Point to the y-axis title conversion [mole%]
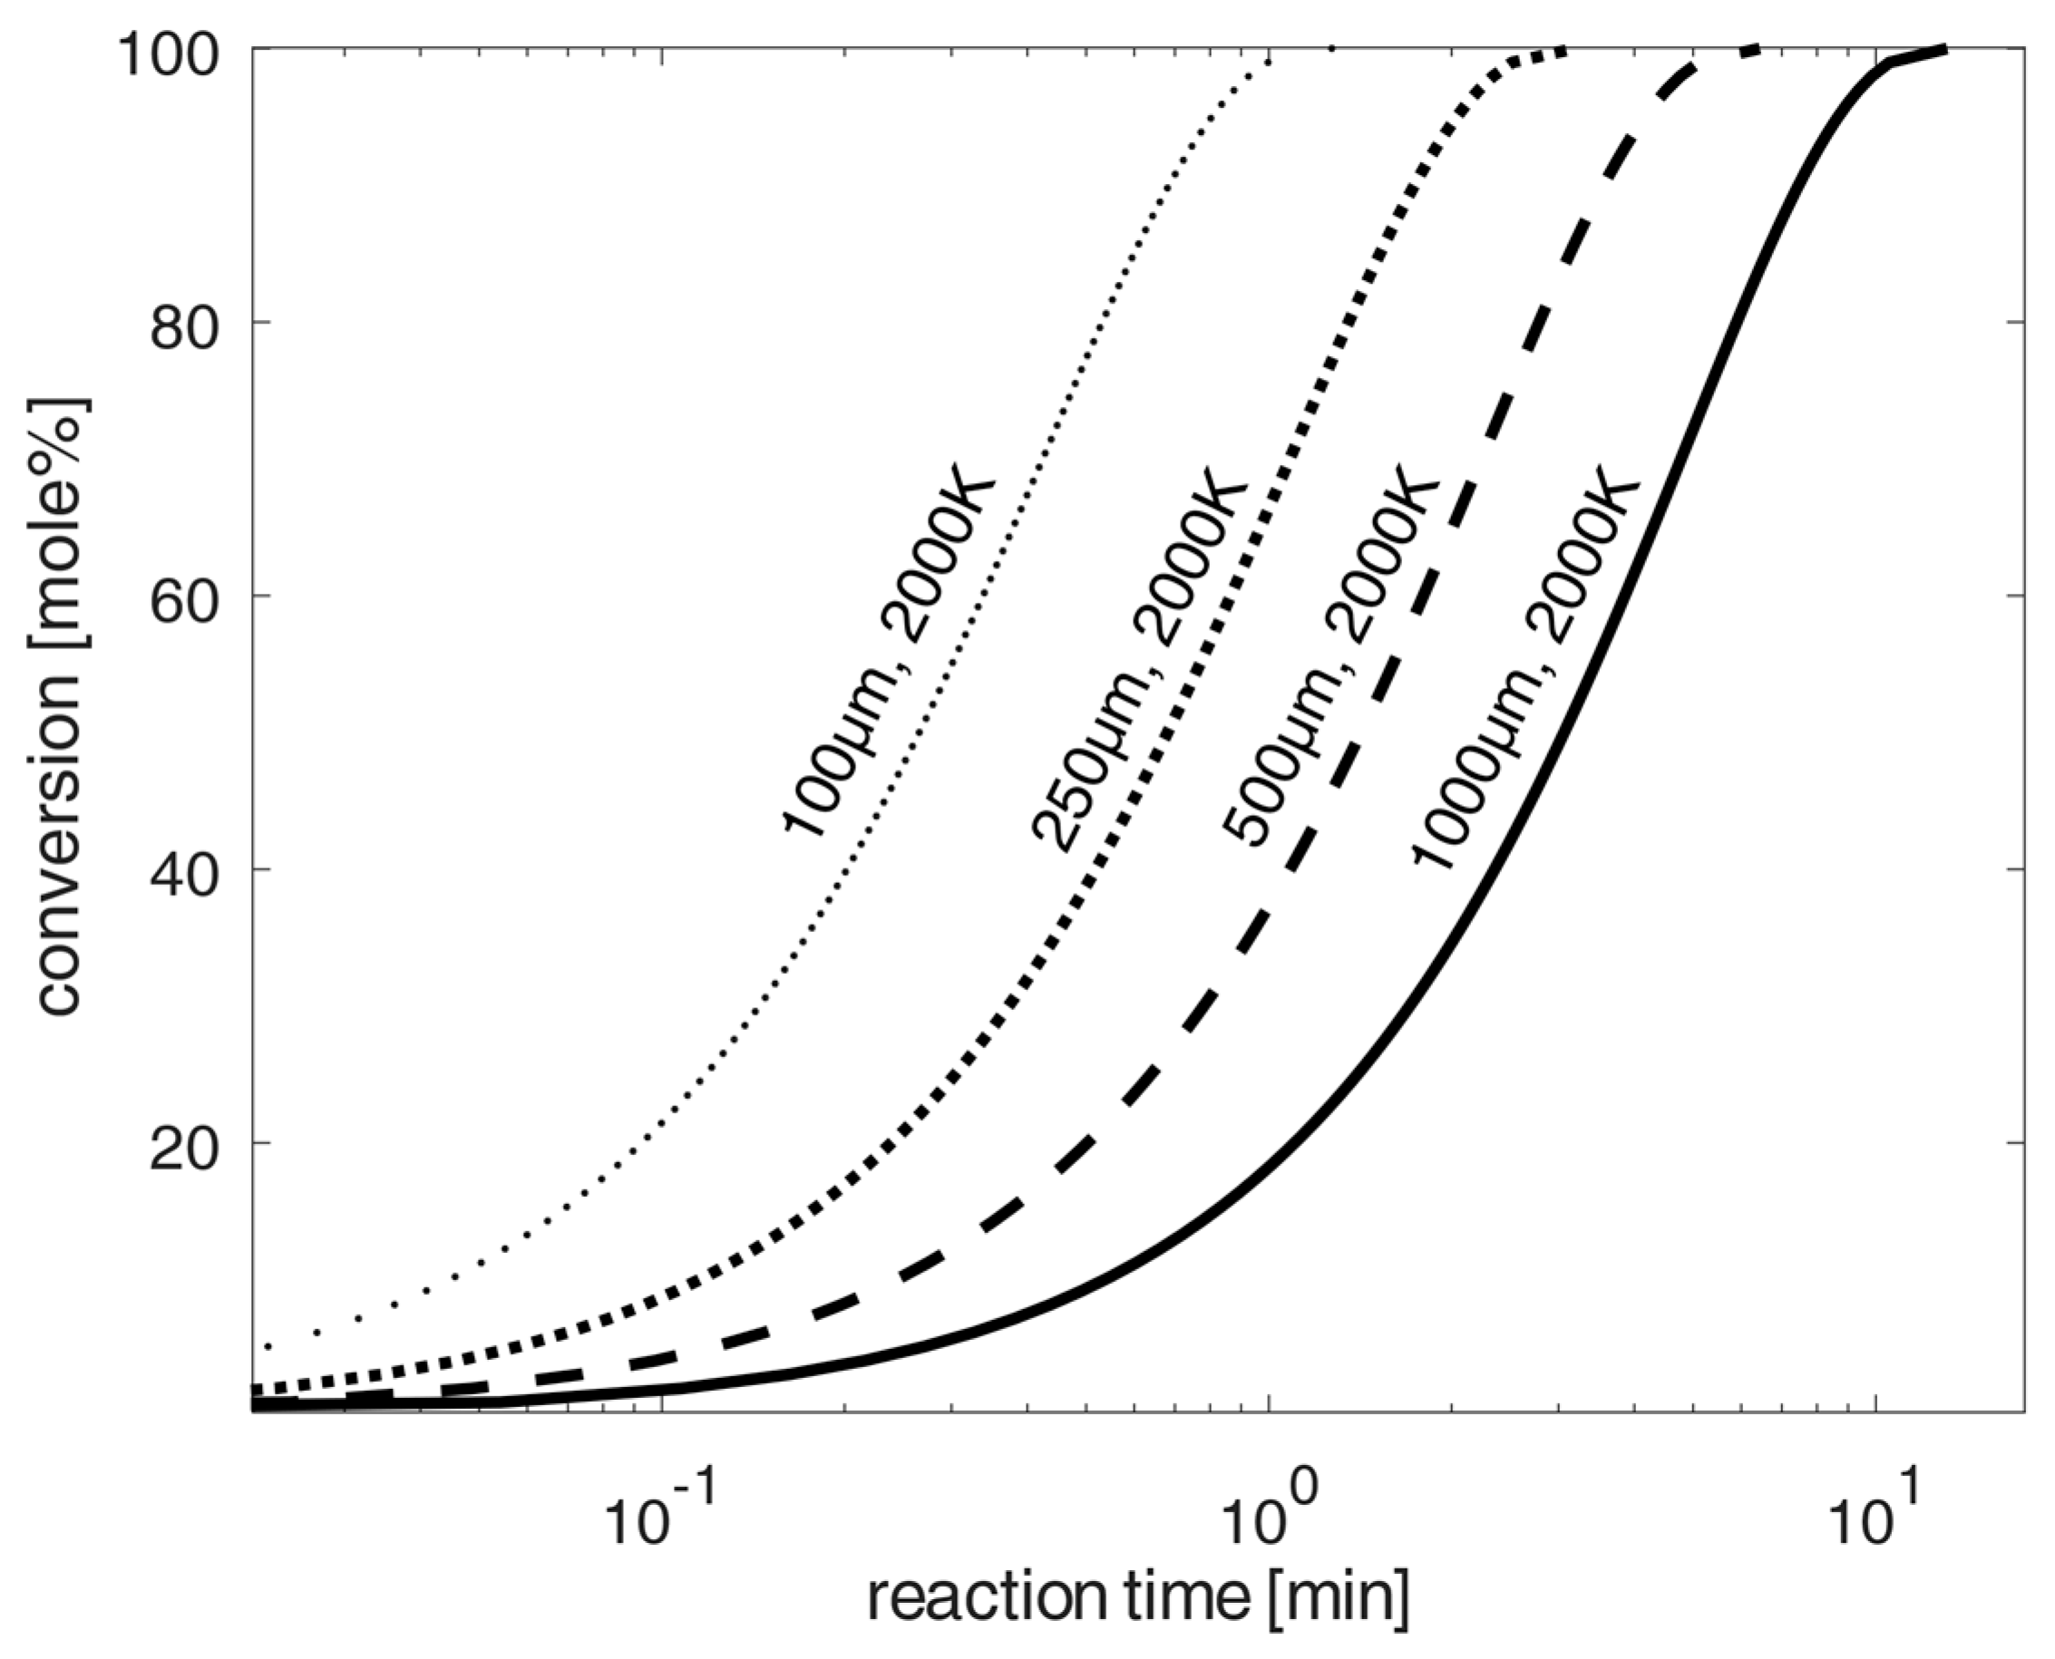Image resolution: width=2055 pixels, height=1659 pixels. point(59,707)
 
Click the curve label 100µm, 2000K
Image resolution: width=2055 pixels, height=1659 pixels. point(889,650)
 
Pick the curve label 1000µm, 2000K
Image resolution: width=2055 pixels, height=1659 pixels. point(1525,669)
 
